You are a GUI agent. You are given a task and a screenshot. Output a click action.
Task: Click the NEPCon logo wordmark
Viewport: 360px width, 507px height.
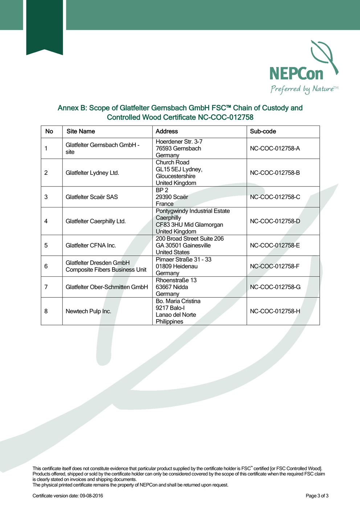[296, 74]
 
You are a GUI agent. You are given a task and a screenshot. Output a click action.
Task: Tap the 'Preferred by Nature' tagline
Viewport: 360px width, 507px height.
[302, 89]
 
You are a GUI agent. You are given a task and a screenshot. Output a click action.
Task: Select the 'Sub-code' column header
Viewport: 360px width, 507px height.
[263, 131]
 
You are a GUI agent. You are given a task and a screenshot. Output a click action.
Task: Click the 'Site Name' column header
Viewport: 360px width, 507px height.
[81, 131]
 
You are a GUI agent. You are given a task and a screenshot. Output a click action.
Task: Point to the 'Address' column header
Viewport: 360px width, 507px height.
[167, 131]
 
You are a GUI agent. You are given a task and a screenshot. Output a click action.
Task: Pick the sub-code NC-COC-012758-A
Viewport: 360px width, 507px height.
[275, 148]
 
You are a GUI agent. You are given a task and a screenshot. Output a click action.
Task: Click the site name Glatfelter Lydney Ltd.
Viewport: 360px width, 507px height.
[92, 173]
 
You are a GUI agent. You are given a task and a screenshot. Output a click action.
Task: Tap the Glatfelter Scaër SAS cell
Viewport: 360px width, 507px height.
[91, 197]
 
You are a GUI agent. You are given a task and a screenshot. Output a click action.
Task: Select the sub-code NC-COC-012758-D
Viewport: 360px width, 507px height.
[275, 221]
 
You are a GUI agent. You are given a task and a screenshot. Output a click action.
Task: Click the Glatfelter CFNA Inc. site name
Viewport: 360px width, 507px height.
[91, 246]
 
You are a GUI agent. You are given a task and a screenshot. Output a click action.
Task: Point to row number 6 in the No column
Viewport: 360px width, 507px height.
[46, 266]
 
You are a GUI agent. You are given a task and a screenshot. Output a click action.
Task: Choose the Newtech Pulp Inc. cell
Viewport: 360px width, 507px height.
[88, 311]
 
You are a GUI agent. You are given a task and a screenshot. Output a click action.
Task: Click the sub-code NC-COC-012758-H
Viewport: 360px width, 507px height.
[275, 311]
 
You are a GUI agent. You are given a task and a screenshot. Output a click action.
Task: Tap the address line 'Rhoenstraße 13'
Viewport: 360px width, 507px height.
[176, 280]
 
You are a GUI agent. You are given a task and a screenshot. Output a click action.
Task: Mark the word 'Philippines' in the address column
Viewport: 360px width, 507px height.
[169, 322]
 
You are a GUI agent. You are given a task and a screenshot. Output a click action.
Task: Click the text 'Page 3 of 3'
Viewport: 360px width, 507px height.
[317, 496]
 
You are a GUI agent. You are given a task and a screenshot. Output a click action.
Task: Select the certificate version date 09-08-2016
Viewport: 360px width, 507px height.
[91, 496]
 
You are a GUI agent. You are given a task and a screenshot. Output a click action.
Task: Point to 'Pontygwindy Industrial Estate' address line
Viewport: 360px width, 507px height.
[192, 211]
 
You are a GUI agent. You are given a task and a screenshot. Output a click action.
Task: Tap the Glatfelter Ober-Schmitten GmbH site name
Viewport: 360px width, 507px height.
[107, 287]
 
